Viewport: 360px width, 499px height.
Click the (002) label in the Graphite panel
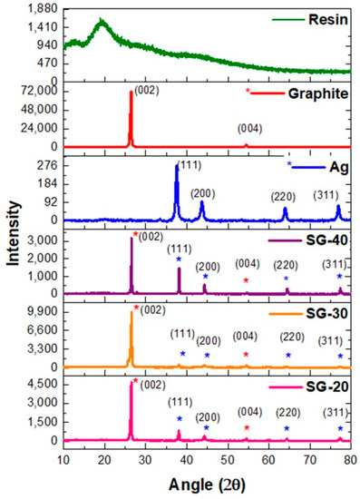[x=147, y=89]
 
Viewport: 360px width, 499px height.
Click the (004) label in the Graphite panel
[x=249, y=128]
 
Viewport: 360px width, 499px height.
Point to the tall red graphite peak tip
[x=131, y=92]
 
